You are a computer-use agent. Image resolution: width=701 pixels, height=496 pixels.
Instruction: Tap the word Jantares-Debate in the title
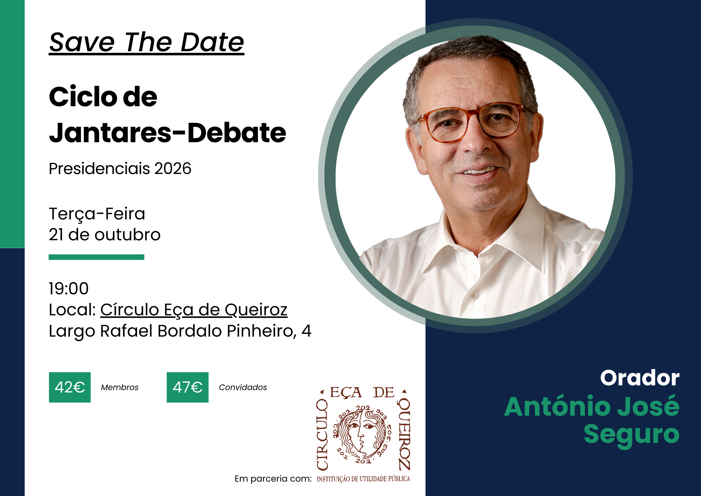(167, 133)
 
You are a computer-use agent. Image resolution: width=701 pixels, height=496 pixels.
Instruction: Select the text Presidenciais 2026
(120, 169)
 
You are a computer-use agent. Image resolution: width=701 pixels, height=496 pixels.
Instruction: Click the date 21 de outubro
(105, 235)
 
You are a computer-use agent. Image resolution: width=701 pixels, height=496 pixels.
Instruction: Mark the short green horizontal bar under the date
(96, 257)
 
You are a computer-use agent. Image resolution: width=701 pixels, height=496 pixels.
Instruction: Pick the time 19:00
(69, 288)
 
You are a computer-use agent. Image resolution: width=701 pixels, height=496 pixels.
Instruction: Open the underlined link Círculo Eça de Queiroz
(194, 310)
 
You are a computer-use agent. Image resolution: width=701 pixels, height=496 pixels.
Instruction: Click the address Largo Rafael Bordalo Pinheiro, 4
(180, 331)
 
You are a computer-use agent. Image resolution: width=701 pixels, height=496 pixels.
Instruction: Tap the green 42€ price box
(70, 387)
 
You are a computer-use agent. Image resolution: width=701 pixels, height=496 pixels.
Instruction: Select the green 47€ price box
(187, 387)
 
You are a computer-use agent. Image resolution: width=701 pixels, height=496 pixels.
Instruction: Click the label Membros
(120, 388)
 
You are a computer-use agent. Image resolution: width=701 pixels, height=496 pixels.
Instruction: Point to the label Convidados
(243, 388)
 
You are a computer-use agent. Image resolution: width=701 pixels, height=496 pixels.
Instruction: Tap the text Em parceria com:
(273, 479)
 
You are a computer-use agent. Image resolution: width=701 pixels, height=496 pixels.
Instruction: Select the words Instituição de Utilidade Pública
(363, 479)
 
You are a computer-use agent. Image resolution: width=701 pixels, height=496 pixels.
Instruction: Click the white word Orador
(640, 378)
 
